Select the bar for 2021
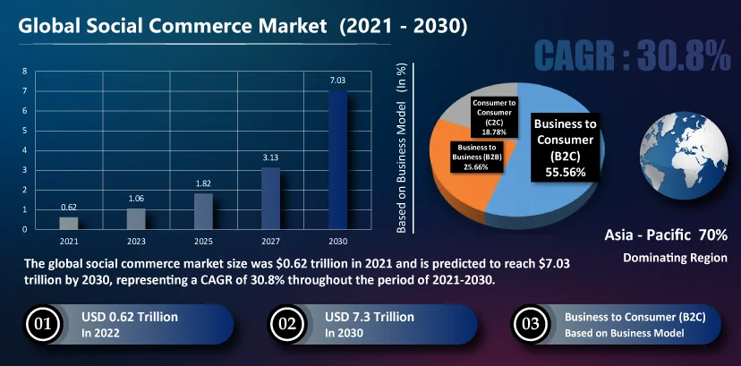click(69, 223)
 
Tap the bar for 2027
click(270, 198)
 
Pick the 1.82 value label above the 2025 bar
click(203, 183)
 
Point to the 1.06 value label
click(136, 199)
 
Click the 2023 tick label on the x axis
click(136, 242)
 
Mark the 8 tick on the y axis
click(24, 71)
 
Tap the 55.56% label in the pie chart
click(566, 171)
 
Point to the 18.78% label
click(494, 132)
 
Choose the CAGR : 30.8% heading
click(632, 55)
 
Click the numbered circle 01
click(42, 325)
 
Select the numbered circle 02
click(288, 325)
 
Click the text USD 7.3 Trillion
click(368, 318)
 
